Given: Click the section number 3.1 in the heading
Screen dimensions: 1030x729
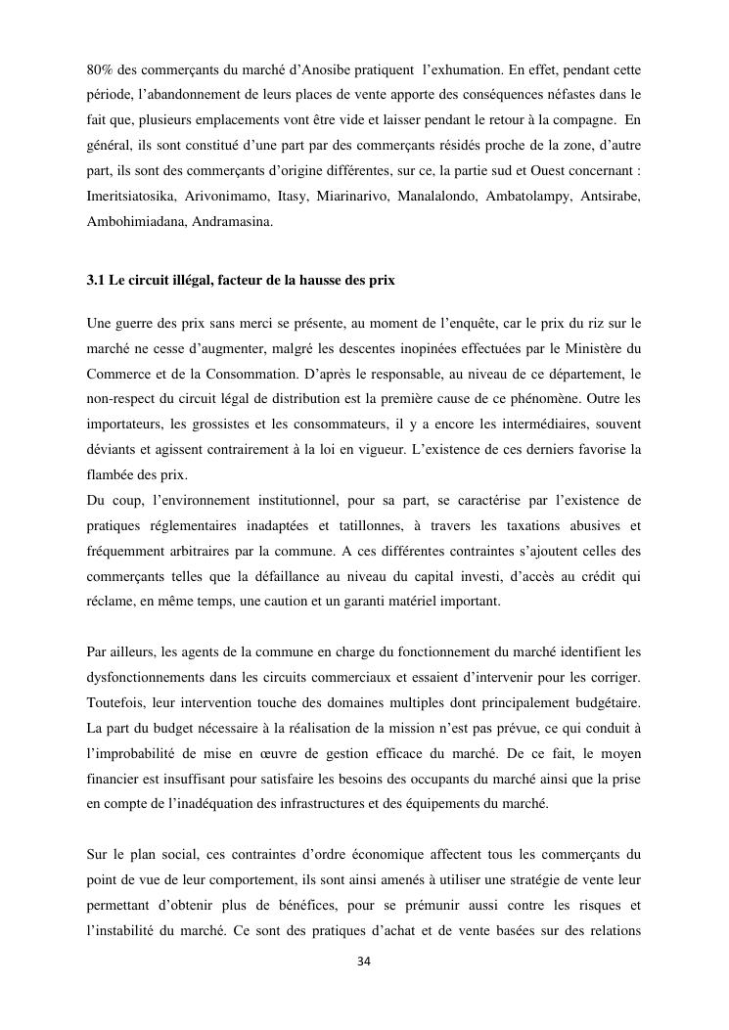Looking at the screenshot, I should coord(95,280).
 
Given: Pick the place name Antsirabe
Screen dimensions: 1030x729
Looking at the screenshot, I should coord(610,197).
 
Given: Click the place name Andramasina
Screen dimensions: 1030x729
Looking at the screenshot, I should coord(233,222).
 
